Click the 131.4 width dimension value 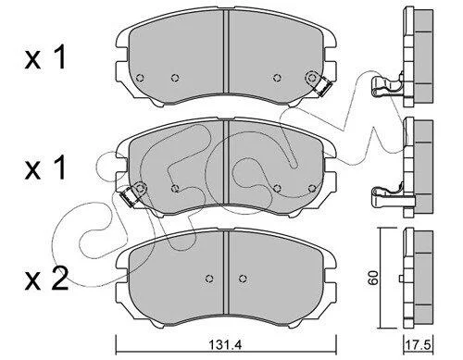coord(226,344)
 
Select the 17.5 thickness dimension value coord(419,344)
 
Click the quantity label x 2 coord(46,279)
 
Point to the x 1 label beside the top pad coord(45,57)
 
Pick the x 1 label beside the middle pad coord(45,168)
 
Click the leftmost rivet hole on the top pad coord(140,78)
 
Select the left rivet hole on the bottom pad coord(209,279)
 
